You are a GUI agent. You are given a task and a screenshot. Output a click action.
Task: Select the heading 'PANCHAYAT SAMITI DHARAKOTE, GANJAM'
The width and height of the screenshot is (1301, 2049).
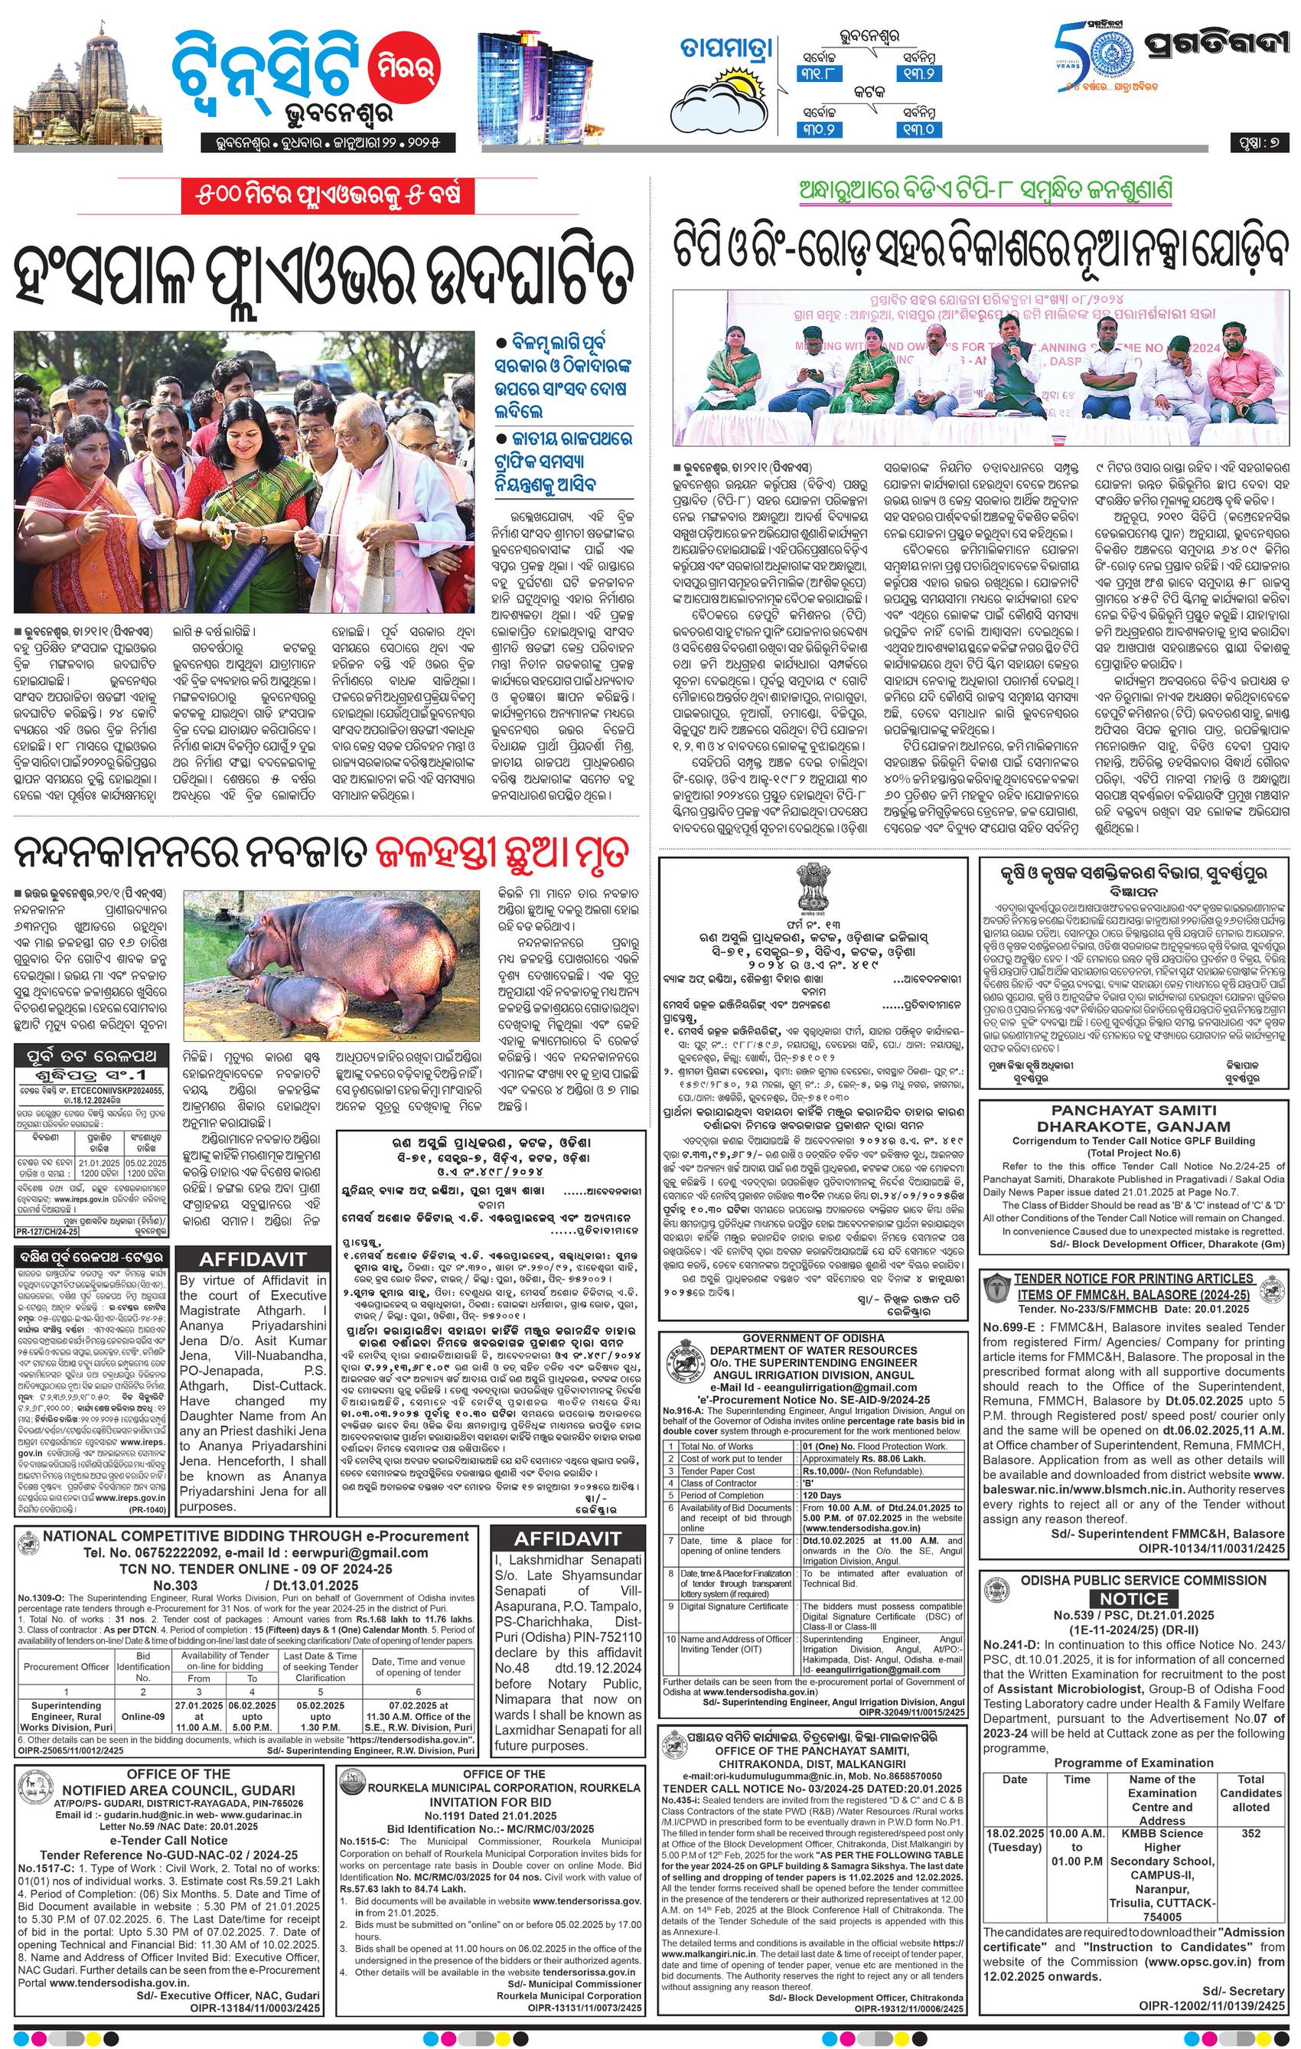coord(1133,1117)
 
